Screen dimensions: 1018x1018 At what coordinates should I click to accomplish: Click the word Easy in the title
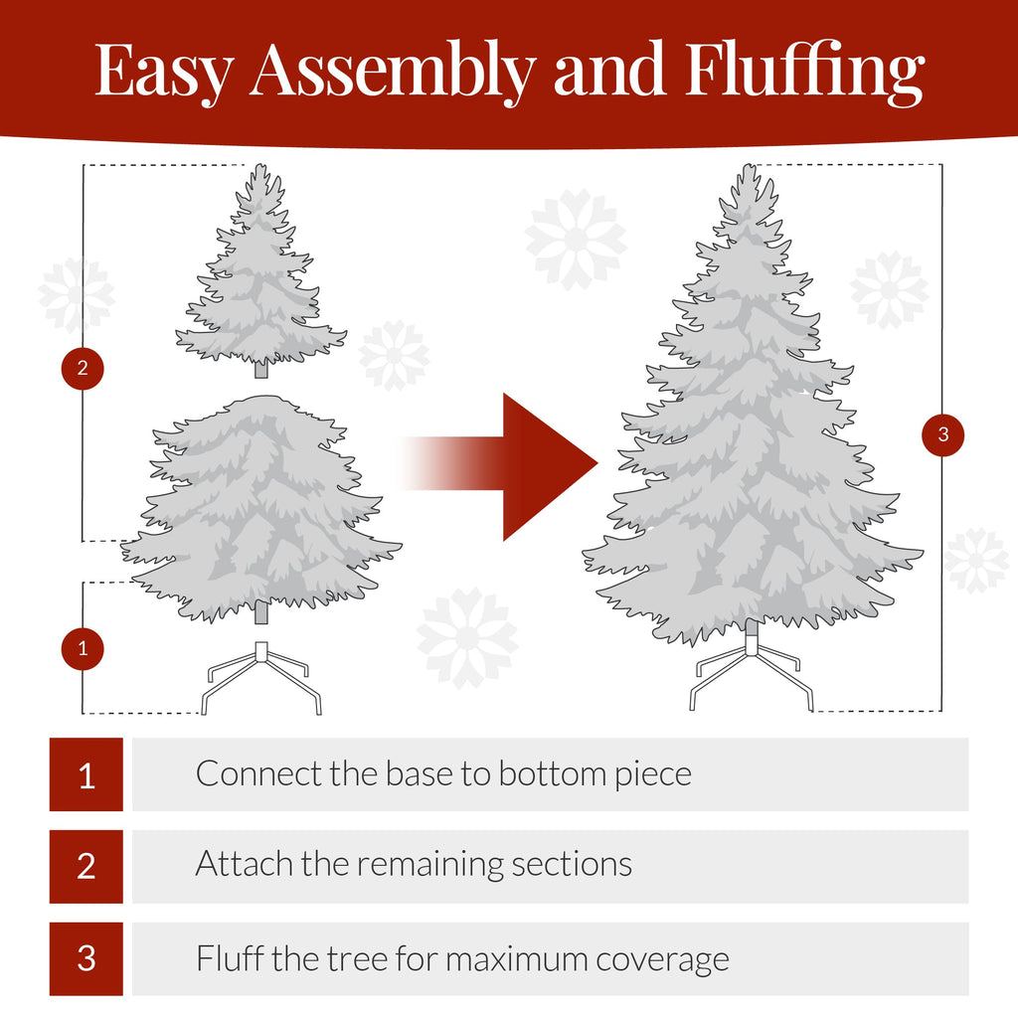coord(165,71)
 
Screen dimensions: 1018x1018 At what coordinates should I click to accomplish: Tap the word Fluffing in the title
coord(804,73)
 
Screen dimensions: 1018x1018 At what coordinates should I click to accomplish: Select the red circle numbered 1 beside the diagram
coord(83,649)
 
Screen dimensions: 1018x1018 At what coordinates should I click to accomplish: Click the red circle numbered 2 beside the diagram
coord(83,369)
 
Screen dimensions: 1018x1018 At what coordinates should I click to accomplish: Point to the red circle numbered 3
coord(942,434)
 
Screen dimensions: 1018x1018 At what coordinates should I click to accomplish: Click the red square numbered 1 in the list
coord(86,774)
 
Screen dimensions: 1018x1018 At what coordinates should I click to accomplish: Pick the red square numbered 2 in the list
coord(86,866)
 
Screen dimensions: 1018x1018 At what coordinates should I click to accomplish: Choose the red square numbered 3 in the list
coord(86,958)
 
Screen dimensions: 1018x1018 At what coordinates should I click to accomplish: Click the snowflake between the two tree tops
coord(576,240)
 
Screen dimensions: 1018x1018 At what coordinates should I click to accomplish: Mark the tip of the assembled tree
coord(748,171)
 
